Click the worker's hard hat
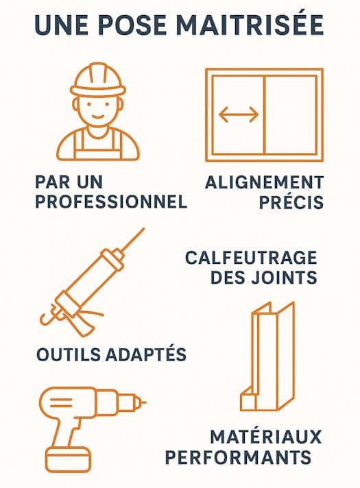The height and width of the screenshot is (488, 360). pyautogui.click(x=98, y=80)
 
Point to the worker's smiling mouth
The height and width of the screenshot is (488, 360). pyautogui.click(x=98, y=117)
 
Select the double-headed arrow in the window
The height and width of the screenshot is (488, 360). pyautogui.click(x=239, y=114)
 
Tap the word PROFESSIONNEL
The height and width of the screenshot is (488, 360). pyautogui.click(x=111, y=202)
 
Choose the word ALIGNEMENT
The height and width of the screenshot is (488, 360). pyautogui.click(x=265, y=182)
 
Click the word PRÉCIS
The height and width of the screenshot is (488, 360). pyautogui.click(x=291, y=202)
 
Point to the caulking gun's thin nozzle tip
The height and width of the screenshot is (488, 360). pyautogui.click(x=144, y=229)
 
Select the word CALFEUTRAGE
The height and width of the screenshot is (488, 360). pyautogui.click(x=251, y=258)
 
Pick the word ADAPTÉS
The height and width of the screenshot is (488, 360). pyautogui.click(x=146, y=354)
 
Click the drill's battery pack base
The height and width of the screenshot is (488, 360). pyautogui.click(x=69, y=460)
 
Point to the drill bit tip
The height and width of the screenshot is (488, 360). pyautogui.click(x=145, y=402)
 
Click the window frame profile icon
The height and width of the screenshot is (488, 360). pyautogui.click(x=267, y=356)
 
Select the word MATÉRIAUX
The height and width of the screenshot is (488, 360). pyautogui.click(x=266, y=437)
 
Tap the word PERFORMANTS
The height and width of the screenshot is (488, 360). pyautogui.click(x=238, y=457)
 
